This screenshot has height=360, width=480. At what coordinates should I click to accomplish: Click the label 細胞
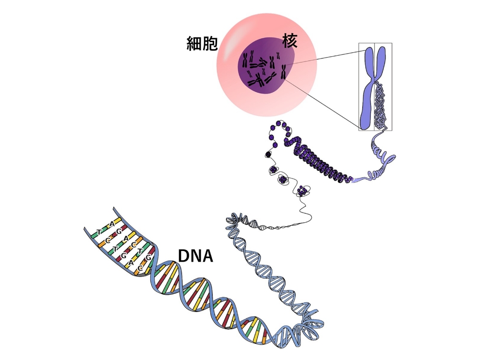click(x=202, y=44)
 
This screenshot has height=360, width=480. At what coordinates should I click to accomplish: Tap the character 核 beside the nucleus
click(x=290, y=41)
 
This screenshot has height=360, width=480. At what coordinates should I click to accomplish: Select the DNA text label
click(x=195, y=256)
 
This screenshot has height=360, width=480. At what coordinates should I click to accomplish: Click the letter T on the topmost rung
click(x=99, y=232)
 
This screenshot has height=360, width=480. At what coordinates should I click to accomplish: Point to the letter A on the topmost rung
click(x=112, y=223)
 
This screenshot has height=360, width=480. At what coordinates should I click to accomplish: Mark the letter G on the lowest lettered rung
click(x=149, y=257)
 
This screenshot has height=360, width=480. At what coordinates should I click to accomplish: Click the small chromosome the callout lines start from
click(x=283, y=72)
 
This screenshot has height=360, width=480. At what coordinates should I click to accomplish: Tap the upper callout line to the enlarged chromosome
click(x=322, y=58)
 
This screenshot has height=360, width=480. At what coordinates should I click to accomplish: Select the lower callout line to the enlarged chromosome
click(x=322, y=103)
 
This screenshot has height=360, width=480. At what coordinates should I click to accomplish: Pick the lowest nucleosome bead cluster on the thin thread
click(x=303, y=191)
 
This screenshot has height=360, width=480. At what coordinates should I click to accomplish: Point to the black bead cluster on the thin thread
click(x=267, y=154)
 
